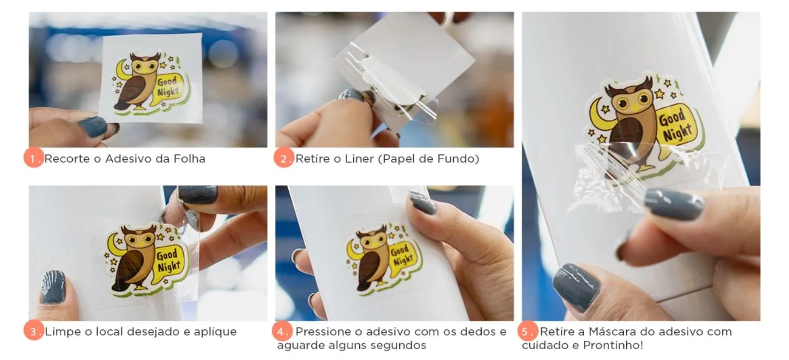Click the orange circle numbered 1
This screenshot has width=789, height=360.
coord(34,158)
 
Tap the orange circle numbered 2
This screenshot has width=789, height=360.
coord(284,158)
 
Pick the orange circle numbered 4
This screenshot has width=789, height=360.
coord(282,331)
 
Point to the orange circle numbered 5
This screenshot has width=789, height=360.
coord(527,331)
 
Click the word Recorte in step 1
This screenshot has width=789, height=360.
coord(67,159)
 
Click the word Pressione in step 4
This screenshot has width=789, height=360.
coord(322,332)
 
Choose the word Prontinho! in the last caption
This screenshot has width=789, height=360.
coord(613,345)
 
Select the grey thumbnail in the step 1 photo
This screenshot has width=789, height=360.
coord(93,126)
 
